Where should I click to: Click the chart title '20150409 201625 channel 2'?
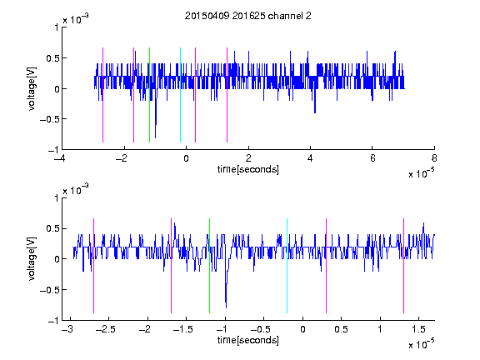click(x=248, y=16)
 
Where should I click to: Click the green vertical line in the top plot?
click(x=149, y=95)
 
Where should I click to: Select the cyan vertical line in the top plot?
click(x=180, y=95)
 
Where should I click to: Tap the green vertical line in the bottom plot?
click(x=209, y=266)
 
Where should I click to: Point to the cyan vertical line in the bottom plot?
click(x=287, y=266)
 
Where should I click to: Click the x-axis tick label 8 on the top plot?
click(x=434, y=158)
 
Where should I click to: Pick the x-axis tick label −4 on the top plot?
click(x=59, y=158)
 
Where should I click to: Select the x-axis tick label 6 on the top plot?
click(x=372, y=158)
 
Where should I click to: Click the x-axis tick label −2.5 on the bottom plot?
click(x=106, y=329)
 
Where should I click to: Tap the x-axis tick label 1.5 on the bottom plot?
click(x=419, y=329)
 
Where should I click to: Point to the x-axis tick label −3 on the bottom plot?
click(x=67, y=329)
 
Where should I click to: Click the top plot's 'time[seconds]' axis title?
click(x=248, y=169)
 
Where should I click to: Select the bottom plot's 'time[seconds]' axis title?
click(x=248, y=340)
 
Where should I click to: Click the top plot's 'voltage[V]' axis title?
click(x=32, y=89)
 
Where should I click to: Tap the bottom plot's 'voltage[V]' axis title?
click(x=32, y=259)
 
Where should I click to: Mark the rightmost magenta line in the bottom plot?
click(x=403, y=266)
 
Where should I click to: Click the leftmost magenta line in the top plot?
click(x=102, y=95)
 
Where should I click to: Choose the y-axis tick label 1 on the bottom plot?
click(x=56, y=198)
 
